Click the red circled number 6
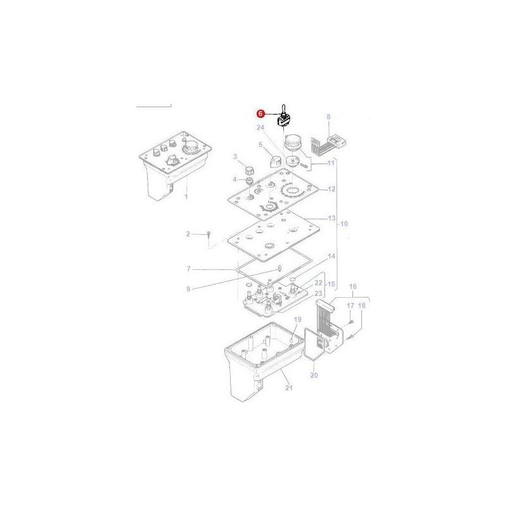260,114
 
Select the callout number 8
328,117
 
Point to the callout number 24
260,128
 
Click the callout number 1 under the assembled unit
186,197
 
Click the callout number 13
331,218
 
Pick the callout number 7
188,269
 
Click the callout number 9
188,289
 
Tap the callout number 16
353,286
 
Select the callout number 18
362,306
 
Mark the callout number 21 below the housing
290,388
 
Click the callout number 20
314,375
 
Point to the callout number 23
319,293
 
